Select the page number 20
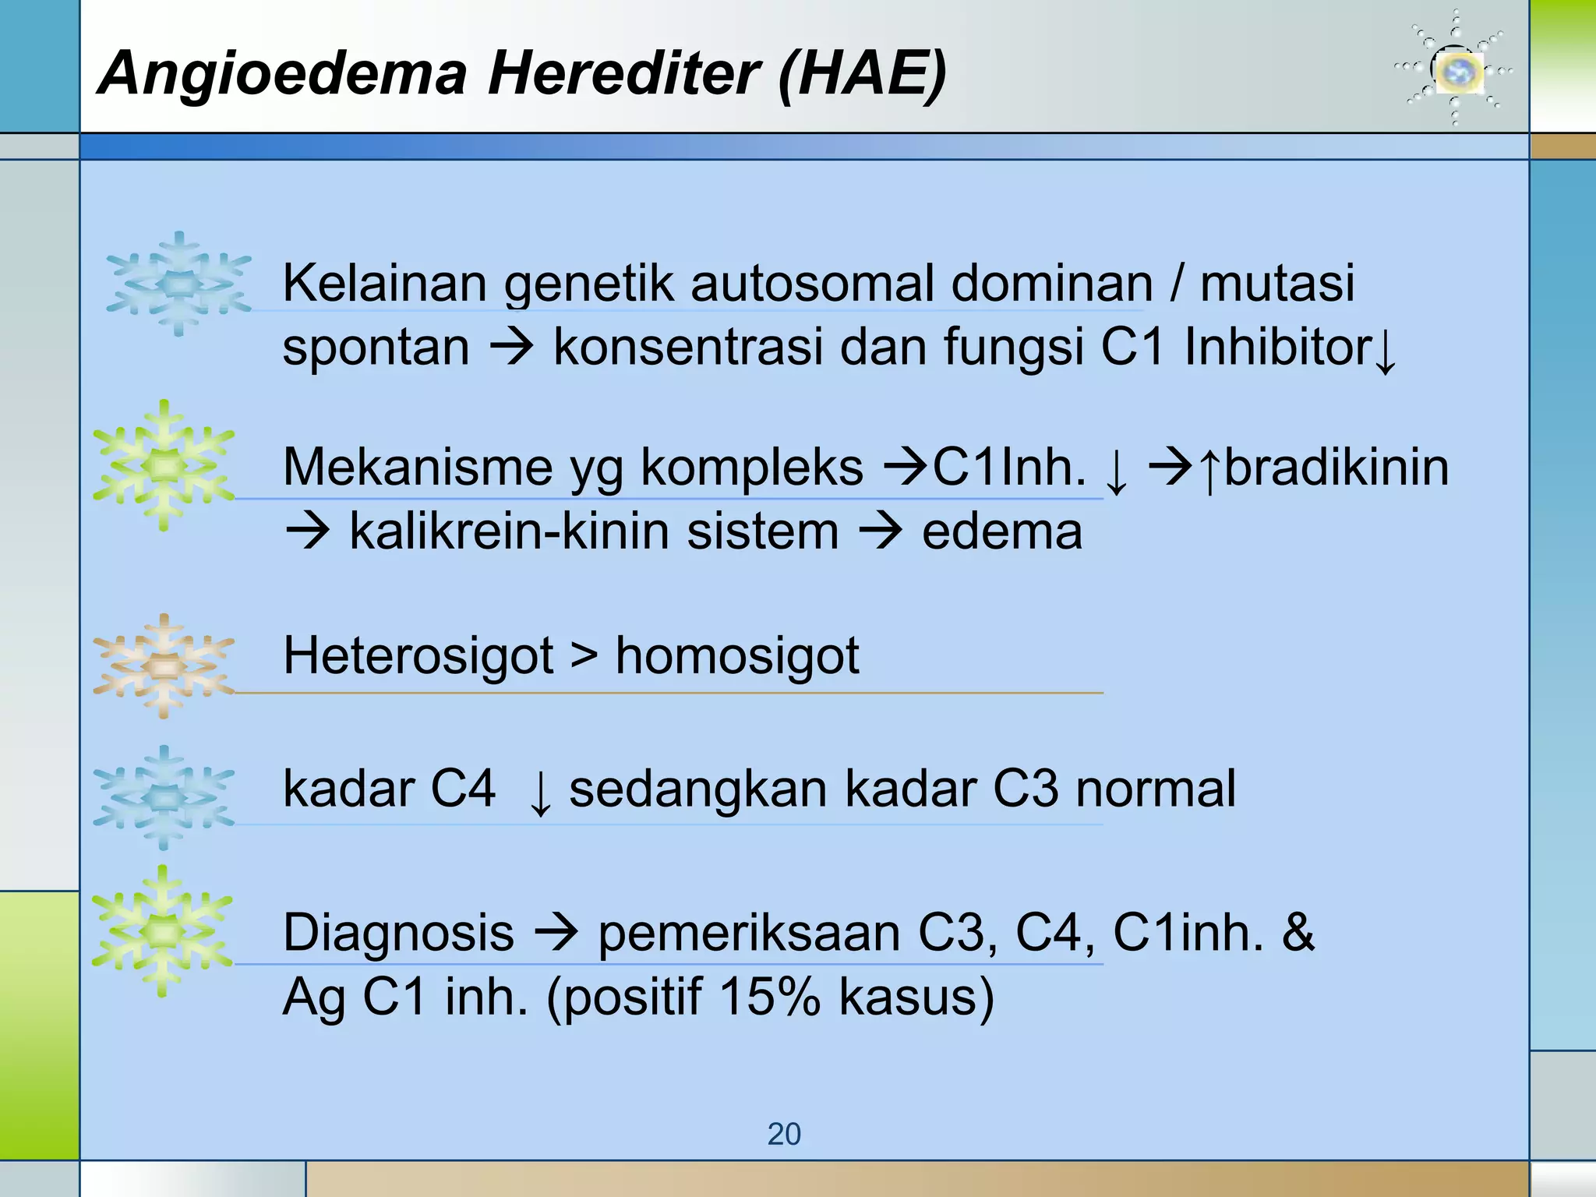(x=784, y=1134)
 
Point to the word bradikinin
(x=1336, y=468)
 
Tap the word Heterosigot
(x=418, y=655)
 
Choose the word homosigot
(x=737, y=655)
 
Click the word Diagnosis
(x=398, y=932)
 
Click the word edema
(x=1002, y=532)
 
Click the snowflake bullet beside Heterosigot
(x=164, y=666)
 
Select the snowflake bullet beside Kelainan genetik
(x=179, y=284)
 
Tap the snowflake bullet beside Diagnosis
(x=162, y=930)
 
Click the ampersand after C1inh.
(x=1298, y=932)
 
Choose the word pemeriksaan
(x=749, y=934)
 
